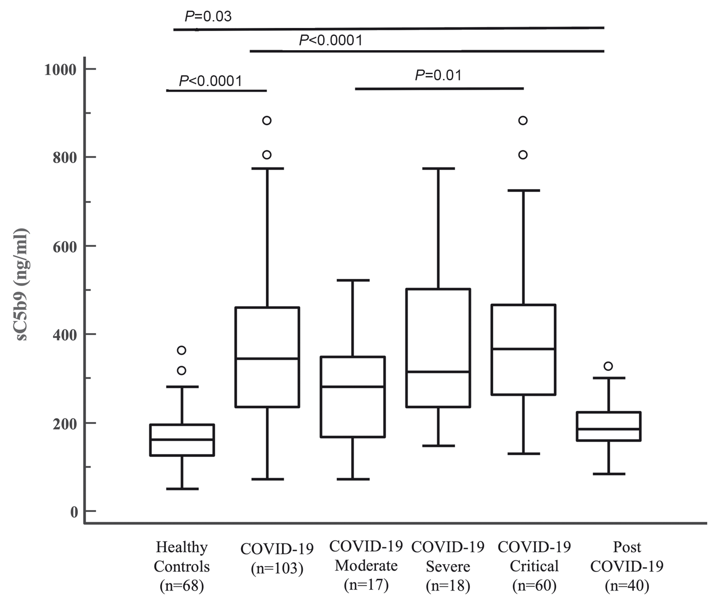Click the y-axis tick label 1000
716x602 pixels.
60,69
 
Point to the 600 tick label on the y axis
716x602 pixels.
65,246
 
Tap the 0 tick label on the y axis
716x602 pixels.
74,512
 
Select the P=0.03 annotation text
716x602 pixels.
208,16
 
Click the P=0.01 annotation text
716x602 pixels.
438,75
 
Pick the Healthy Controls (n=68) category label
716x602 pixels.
182,567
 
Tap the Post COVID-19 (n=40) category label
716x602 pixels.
627,567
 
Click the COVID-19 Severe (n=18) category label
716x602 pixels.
448,567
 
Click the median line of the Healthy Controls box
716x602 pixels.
182,439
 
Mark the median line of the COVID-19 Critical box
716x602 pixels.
523,348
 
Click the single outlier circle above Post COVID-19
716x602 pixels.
608,366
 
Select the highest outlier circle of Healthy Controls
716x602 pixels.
182,350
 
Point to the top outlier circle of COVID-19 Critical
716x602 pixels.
523,120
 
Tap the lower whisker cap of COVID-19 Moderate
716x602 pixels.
353,479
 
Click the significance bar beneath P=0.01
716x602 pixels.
439,88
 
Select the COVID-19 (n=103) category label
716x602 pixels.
277,558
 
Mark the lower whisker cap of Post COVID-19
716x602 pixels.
609,474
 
